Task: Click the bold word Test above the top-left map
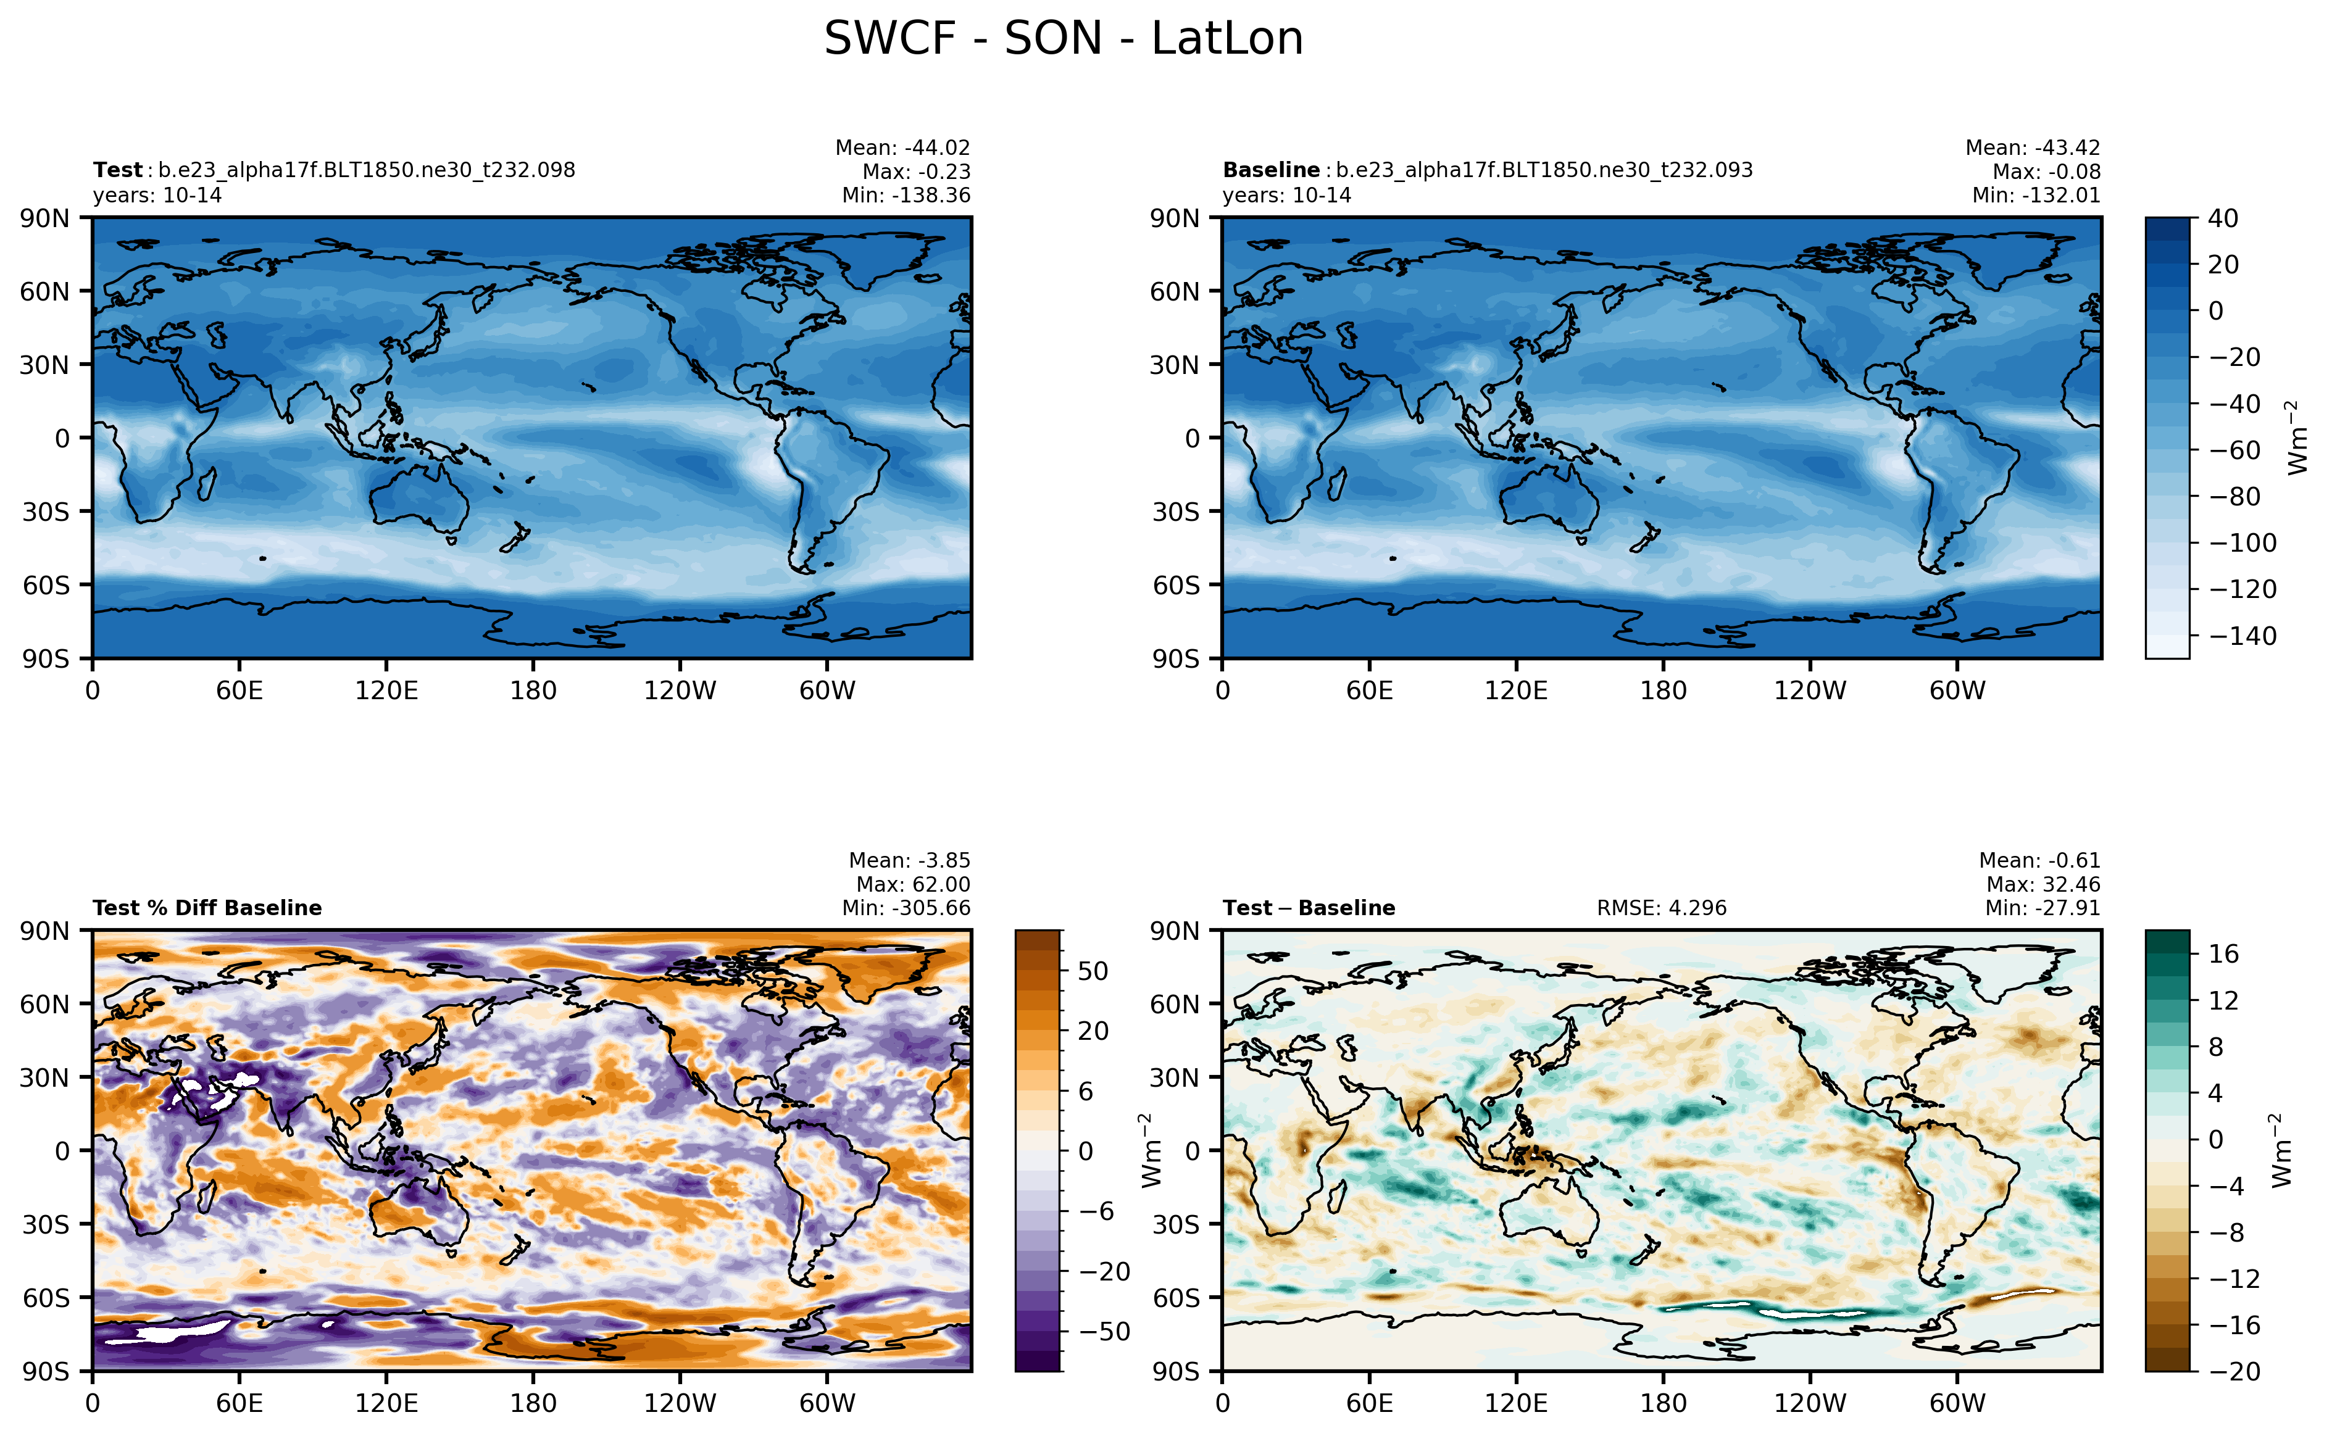[117, 170]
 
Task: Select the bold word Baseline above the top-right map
[1270, 170]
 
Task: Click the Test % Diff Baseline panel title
[207, 908]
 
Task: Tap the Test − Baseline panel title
[1308, 908]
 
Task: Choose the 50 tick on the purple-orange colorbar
[1093, 971]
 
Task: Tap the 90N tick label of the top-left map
[44, 218]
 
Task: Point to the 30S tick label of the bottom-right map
[1175, 1224]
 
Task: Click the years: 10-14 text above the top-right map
[1286, 196]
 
